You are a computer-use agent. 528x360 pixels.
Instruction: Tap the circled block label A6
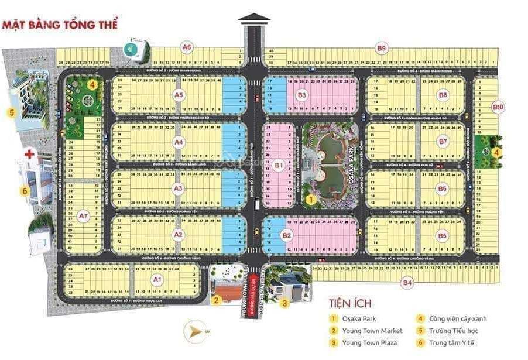pos(187,47)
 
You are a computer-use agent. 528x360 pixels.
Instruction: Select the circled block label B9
pos(382,48)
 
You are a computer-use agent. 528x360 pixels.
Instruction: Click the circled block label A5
pos(179,95)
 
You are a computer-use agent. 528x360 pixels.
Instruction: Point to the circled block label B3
pos(302,95)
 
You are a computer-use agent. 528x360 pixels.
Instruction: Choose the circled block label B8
pos(443,95)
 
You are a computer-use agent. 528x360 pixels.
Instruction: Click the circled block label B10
pos(498,107)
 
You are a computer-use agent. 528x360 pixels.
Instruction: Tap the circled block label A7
pos(83,216)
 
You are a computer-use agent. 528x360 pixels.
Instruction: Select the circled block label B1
pos(279,166)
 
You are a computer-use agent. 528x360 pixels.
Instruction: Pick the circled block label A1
pos(157,279)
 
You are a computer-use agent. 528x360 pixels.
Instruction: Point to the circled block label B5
pos(443,235)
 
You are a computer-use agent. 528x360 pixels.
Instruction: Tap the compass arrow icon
pos(195,332)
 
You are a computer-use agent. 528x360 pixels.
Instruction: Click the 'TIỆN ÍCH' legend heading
pos(350,304)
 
